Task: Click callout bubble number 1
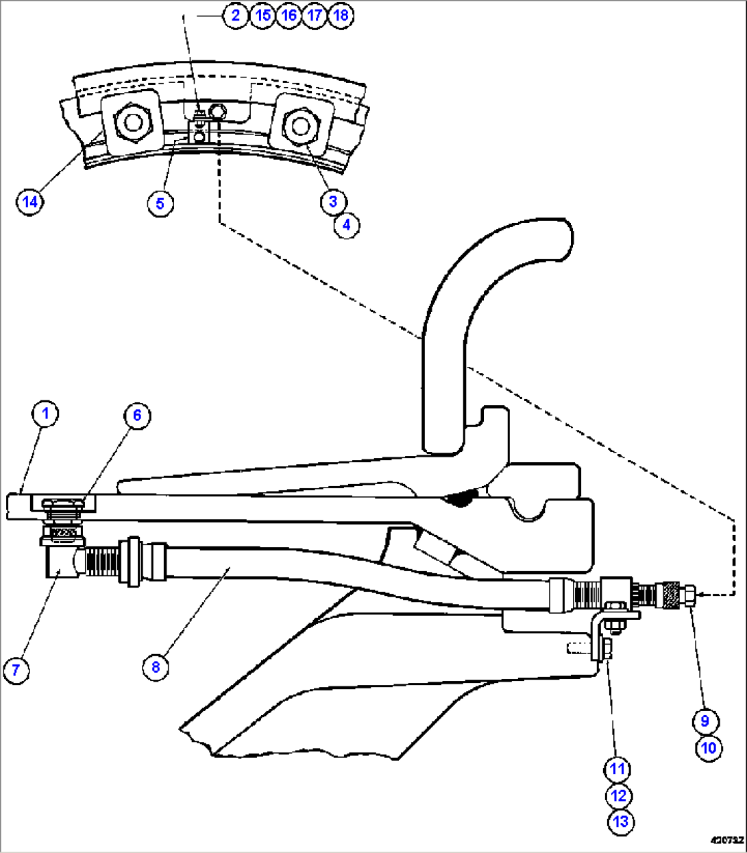coord(46,414)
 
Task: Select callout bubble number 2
coord(236,15)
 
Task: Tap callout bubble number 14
coord(30,202)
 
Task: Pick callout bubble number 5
coord(160,204)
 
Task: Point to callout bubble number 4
coord(347,225)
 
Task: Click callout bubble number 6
coord(137,416)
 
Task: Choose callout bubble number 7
coord(16,669)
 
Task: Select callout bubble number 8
coord(156,666)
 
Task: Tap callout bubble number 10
coord(709,747)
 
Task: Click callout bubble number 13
coord(621,821)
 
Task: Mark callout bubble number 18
coord(341,15)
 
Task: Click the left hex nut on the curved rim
coord(131,123)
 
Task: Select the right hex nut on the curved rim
coord(299,125)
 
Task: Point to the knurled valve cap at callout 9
coord(668,594)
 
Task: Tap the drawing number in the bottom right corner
coord(726,840)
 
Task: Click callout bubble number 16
coord(289,15)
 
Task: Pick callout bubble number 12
coord(619,795)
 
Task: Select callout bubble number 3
coord(333,202)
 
